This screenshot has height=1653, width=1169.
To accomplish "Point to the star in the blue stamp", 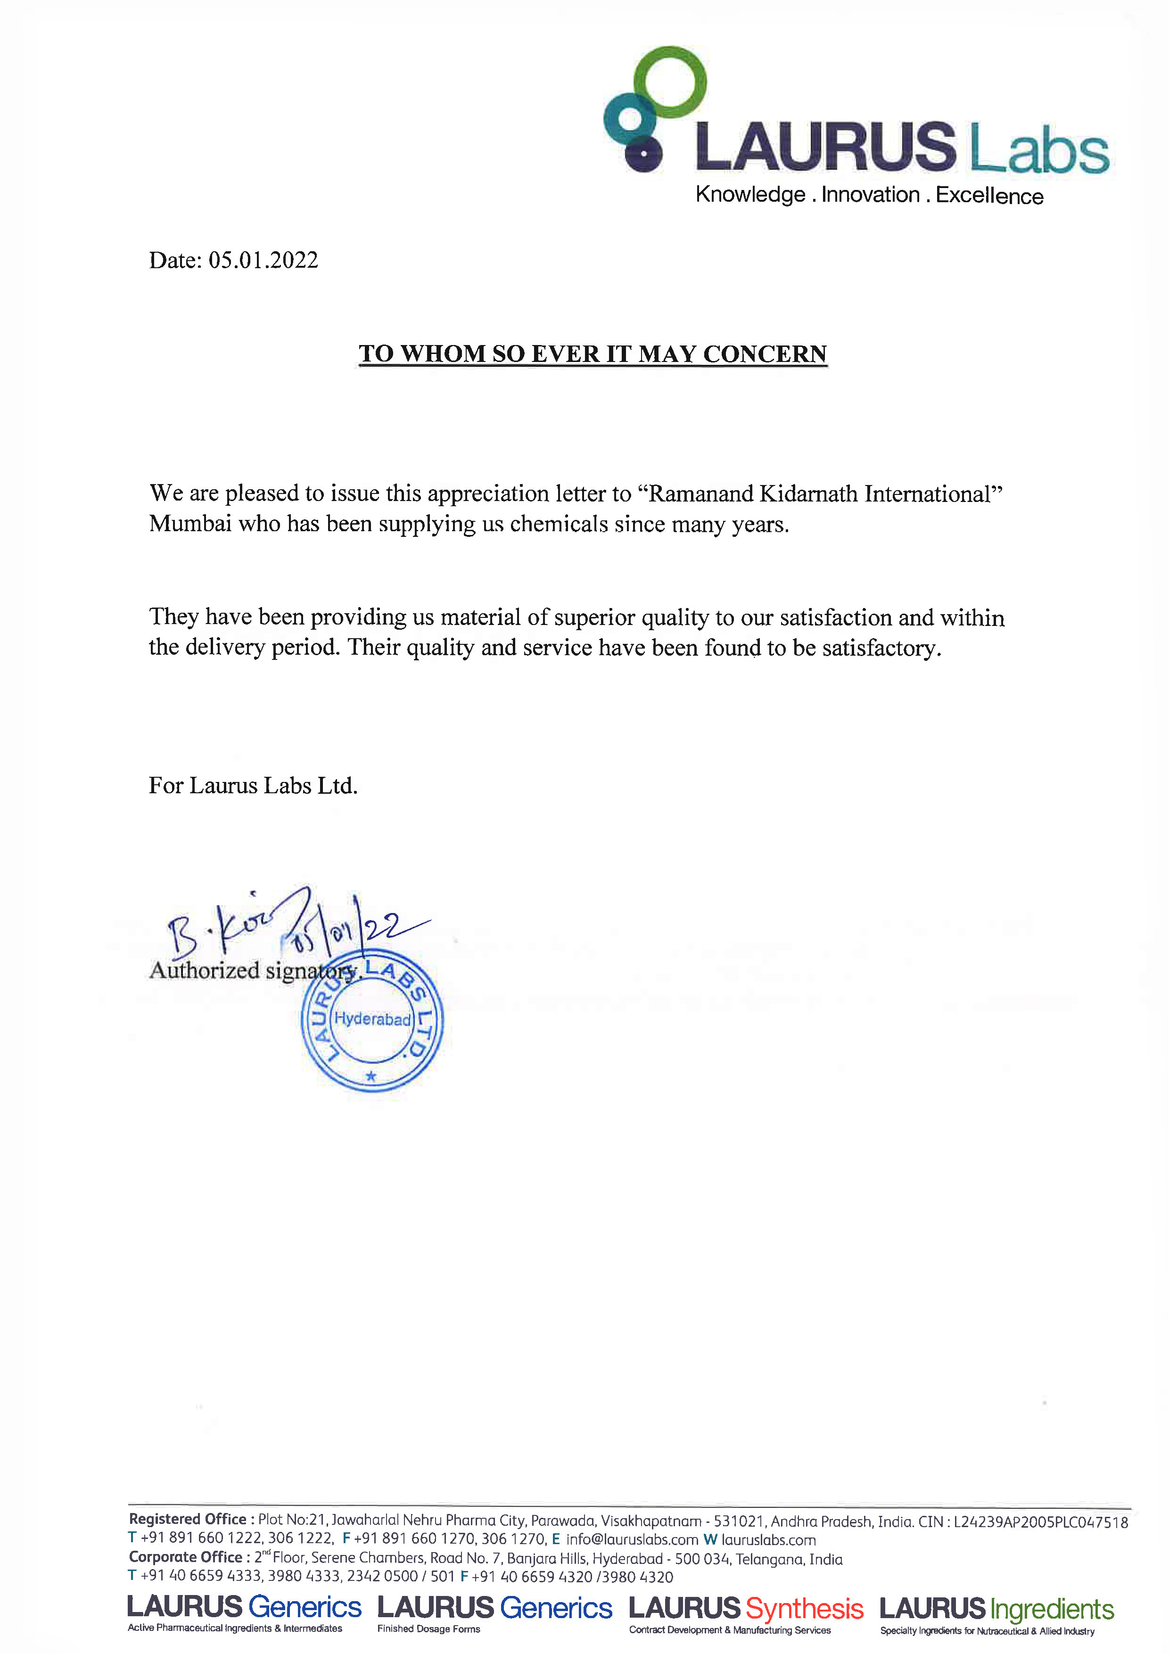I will [x=370, y=1077].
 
